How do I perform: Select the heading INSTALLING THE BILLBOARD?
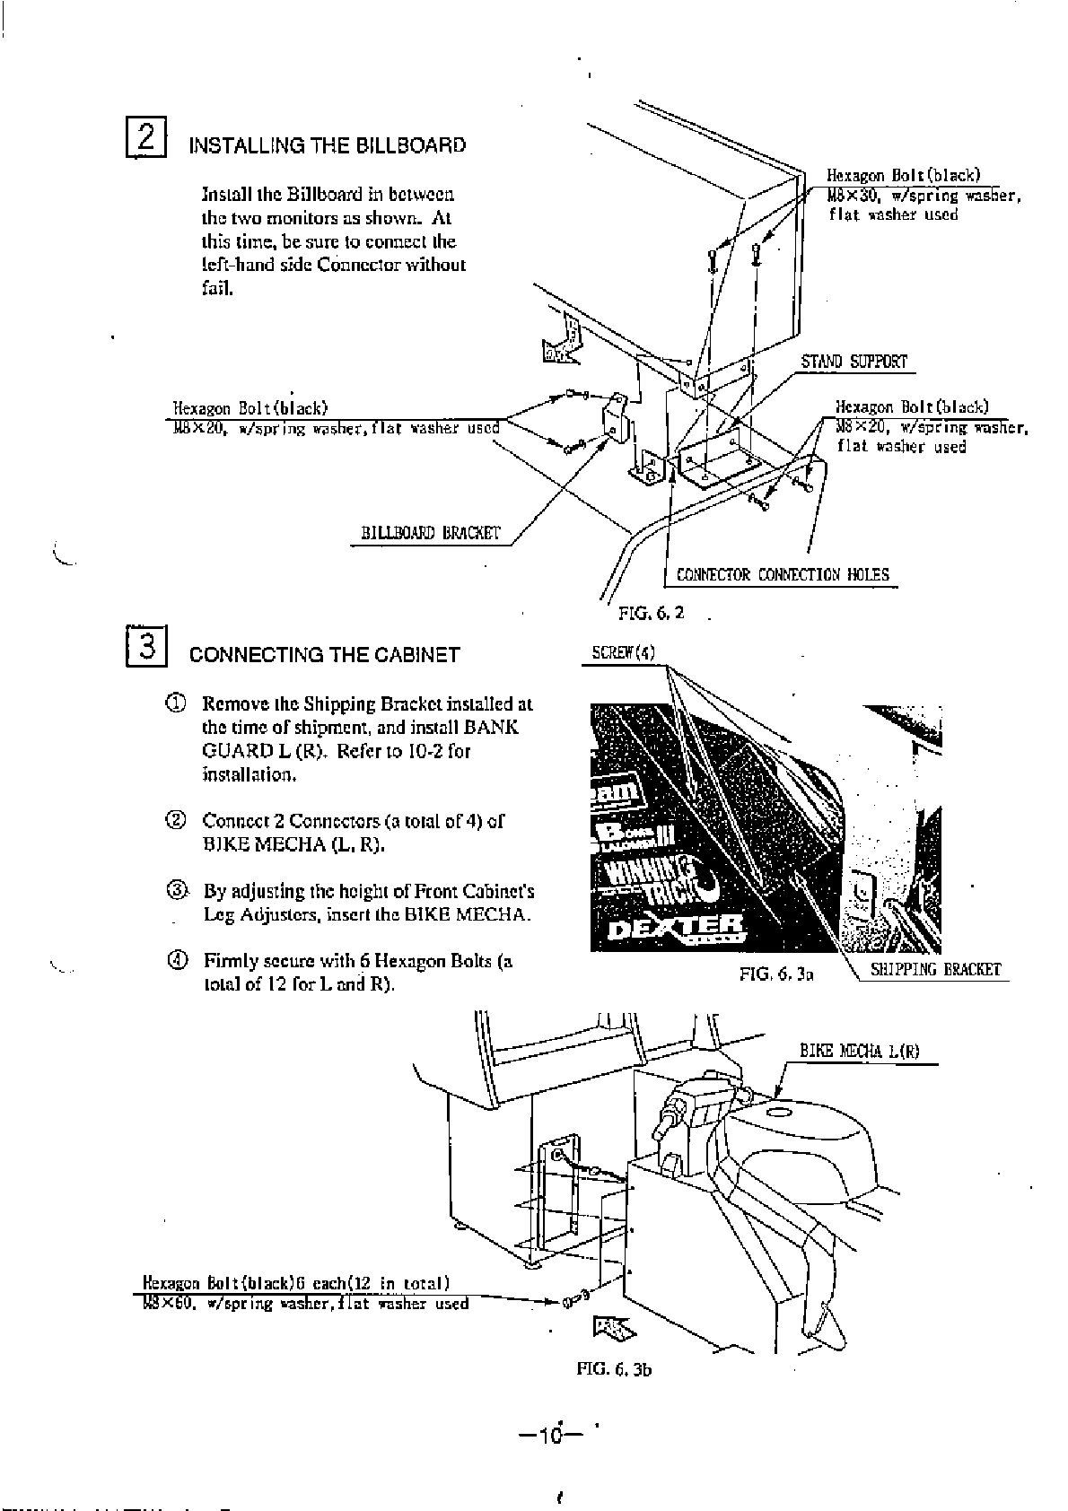(x=327, y=145)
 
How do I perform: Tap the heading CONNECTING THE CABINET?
(x=324, y=655)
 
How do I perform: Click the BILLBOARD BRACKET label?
(x=430, y=533)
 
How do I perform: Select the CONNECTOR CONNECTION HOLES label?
(x=783, y=574)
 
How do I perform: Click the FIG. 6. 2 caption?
(x=652, y=615)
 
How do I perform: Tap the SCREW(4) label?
(x=624, y=651)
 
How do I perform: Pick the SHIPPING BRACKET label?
(x=935, y=969)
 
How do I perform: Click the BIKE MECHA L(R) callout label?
(x=859, y=1052)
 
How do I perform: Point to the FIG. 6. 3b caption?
(x=614, y=1370)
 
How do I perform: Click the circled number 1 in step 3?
(x=177, y=703)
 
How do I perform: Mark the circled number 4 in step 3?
(x=177, y=961)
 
